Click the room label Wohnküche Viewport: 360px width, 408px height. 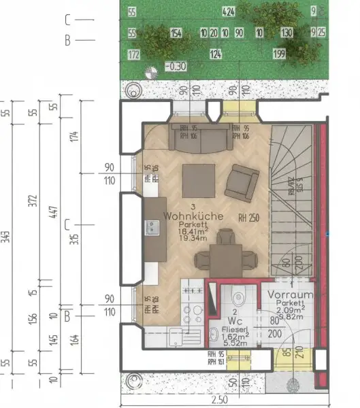pyautogui.click(x=194, y=215)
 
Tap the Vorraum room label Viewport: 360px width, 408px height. pyautogui.click(x=290, y=295)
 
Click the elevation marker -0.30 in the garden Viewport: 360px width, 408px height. pyautogui.click(x=176, y=67)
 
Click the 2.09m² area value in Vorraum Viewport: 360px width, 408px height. pyautogui.click(x=290, y=308)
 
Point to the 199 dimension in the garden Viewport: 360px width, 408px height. pyautogui.click(x=279, y=54)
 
